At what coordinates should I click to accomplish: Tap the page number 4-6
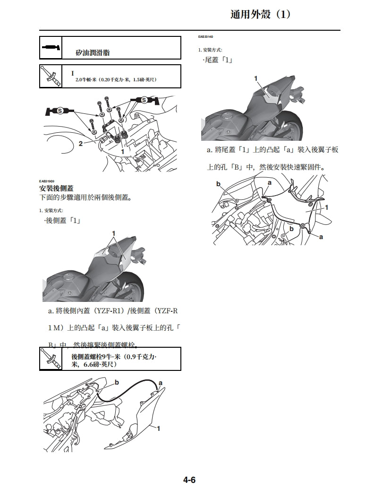click(x=189, y=480)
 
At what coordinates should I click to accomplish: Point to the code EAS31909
click(x=47, y=181)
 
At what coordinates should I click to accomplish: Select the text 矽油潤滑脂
click(x=93, y=53)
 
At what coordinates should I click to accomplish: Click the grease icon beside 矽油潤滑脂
click(x=50, y=48)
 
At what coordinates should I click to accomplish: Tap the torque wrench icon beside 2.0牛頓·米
click(x=50, y=77)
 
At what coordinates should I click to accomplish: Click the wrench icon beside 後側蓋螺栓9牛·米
click(x=50, y=359)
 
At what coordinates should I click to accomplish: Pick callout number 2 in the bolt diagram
click(x=81, y=144)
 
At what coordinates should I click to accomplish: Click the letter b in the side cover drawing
click(x=117, y=382)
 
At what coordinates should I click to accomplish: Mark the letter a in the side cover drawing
click(x=161, y=382)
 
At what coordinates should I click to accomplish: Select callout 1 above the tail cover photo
click(x=255, y=78)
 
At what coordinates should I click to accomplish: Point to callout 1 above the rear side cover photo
click(x=113, y=233)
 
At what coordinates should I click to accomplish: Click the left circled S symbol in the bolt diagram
click(x=60, y=111)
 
